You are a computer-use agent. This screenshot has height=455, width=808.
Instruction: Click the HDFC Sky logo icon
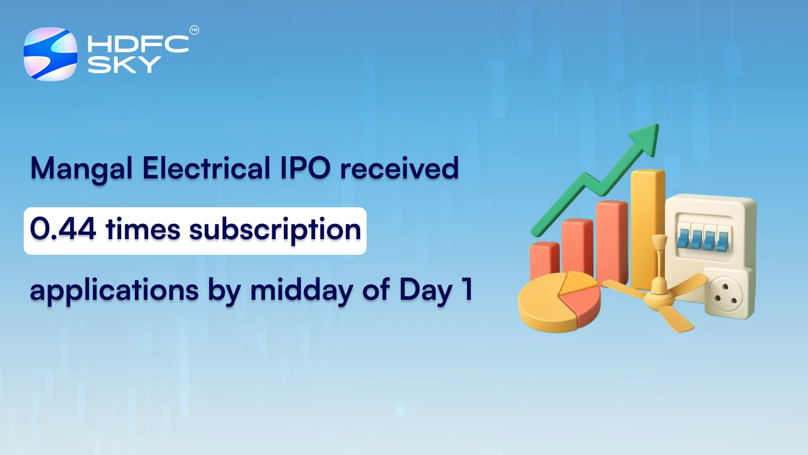(x=50, y=54)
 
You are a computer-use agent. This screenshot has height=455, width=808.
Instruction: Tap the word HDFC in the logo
(x=138, y=44)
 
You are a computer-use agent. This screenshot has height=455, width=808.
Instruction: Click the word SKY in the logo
(x=124, y=65)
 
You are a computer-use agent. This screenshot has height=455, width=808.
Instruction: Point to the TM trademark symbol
(x=194, y=30)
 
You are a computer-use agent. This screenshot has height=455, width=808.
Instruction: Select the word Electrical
(x=207, y=168)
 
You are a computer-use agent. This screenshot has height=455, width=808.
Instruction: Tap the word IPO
(x=306, y=168)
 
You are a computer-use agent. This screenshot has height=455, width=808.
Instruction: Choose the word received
(x=399, y=169)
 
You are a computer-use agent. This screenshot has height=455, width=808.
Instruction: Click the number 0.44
(x=63, y=229)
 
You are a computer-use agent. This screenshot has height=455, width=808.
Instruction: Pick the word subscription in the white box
(x=275, y=231)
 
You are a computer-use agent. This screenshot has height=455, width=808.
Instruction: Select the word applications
(x=114, y=291)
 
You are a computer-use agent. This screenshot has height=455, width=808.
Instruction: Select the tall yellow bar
(x=647, y=227)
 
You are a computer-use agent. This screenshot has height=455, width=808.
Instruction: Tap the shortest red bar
(x=544, y=260)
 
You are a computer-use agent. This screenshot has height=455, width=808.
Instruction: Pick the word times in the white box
(x=143, y=230)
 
